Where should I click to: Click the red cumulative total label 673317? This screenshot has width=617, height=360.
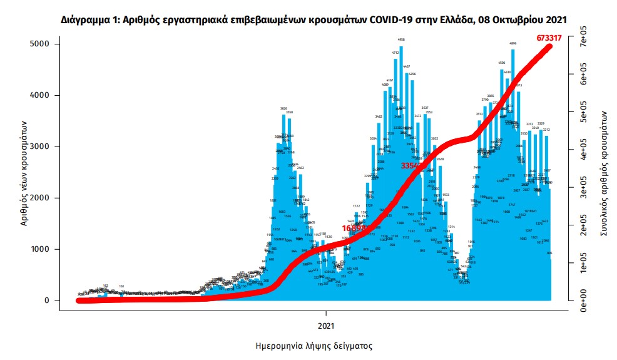pyautogui.click(x=548, y=38)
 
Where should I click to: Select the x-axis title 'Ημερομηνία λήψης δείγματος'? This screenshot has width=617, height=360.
pyautogui.click(x=314, y=345)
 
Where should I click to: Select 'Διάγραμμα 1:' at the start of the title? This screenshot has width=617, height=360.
pyautogui.click(x=88, y=20)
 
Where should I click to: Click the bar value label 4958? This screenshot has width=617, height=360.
pyautogui.click(x=401, y=39)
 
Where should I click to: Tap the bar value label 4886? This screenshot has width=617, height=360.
pyautogui.click(x=513, y=44)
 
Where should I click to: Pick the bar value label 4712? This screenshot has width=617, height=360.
pyautogui.click(x=395, y=53)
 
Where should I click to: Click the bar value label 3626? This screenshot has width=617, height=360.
pyautogui.click(x=283, y=108)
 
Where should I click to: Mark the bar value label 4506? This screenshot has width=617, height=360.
pyautogui.click(x=502, y=63)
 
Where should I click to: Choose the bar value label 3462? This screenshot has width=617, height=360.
pyautogui.click(x=379, y=116)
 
